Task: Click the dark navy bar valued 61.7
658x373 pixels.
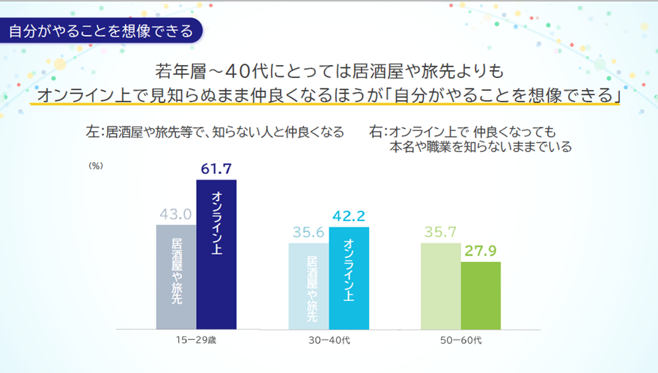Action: click(x=216, y=255)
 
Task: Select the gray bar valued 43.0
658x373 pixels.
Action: click(x=176, y=277)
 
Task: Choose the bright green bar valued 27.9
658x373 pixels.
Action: click(x=481, y=295)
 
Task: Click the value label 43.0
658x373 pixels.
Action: click(x=175, y=214)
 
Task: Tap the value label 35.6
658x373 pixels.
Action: click(x=308, y=232)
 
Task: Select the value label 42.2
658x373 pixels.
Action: click(x=349, y=216)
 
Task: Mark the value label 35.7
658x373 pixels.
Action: click(x=441, y=232)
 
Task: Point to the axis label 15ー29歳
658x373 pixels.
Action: click(x=196, y=340)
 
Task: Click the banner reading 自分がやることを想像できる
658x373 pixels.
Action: click(x=100, y=31)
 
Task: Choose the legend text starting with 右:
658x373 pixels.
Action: click(x=472, y=139)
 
